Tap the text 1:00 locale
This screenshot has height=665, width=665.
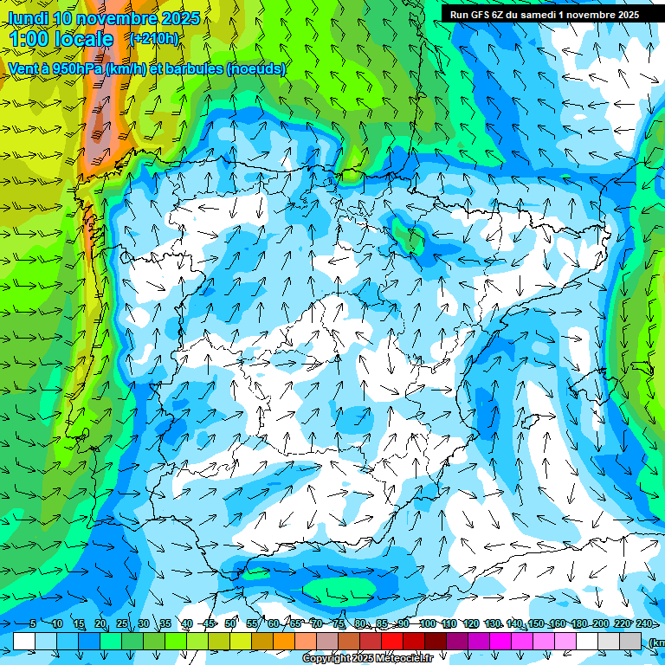pos(61,39)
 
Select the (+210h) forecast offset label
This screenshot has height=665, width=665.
pos(154,38)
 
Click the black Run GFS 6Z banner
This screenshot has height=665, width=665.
pos(544,14)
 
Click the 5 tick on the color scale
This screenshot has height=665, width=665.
pos(33,624)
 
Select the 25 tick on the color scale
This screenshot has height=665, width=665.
pos(121,624)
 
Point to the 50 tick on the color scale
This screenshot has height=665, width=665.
pos(230,624)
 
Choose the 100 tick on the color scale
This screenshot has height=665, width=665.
pos(427,624)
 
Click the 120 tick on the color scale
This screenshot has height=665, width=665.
pos(470,624)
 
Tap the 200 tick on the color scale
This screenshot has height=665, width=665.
pos(600,624)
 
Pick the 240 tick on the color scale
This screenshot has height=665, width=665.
pos(643,624)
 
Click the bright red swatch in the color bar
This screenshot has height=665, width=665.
pos(392,641)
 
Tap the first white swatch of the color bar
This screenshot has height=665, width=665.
pos(24,641)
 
